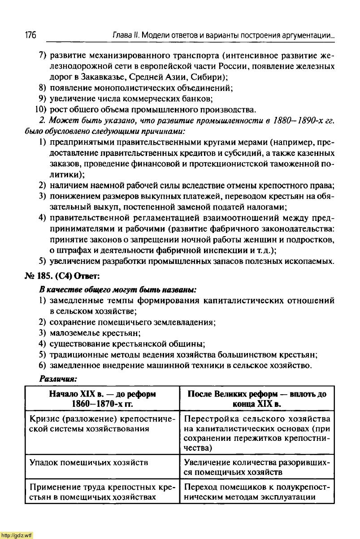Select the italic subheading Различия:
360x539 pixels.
point(58,379)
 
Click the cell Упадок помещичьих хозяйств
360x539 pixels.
point(89,462)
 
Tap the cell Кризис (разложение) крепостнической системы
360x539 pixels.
point(102,424)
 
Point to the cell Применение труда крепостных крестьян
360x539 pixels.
point(102,492)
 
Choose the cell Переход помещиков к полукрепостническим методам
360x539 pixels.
point(257,492)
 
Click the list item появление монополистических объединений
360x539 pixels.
point(140,87)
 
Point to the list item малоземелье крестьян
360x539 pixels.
point(95,333)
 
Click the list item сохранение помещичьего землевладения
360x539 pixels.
point(133,322)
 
